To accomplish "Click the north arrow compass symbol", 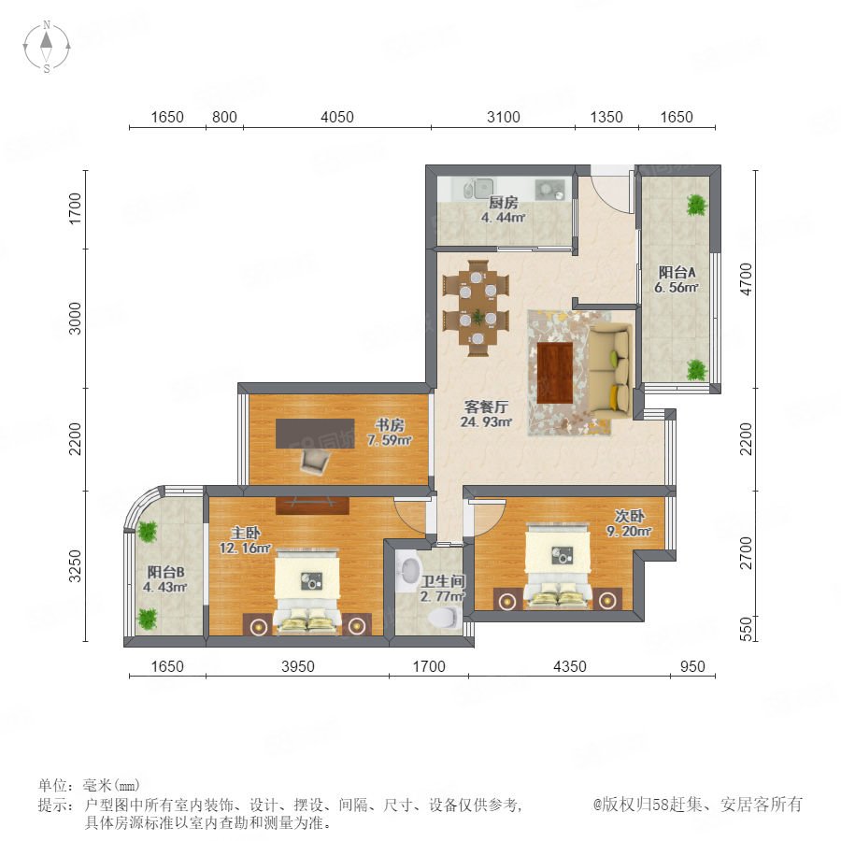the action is (x=47, y=46).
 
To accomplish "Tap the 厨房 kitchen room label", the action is (x=503, y=203).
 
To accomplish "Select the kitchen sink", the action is (x=478, y=188).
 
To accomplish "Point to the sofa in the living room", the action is (x=610, y=371).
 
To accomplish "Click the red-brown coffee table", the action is (x=555, y=373).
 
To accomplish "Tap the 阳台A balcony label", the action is (x=677, y=272).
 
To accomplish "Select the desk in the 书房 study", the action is (x=316, y=434).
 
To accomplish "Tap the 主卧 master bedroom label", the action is (x=245, y=533).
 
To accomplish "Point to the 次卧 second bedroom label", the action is (x=630, y=516).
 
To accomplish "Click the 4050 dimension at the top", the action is (x=336, y=117).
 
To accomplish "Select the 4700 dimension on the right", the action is (x=746, y=278).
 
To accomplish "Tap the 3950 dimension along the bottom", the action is (x=298, y=666).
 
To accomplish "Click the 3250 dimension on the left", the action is (x=76, y=566).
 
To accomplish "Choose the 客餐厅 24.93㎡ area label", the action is (x=486, y=414).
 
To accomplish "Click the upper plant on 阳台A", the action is (x=696, y=205).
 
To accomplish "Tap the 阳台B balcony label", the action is (x=165, y=572).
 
